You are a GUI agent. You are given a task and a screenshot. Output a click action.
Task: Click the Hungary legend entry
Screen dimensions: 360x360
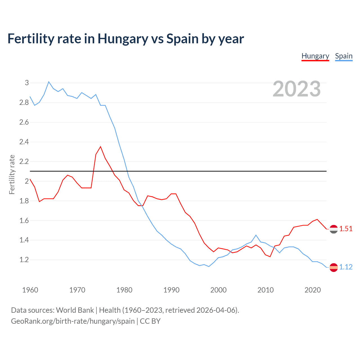[x=315, y=56]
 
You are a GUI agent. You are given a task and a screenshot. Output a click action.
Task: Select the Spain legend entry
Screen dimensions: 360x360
[x=344, y=56]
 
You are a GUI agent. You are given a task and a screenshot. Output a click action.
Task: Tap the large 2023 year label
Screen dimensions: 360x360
[x=297, y=89]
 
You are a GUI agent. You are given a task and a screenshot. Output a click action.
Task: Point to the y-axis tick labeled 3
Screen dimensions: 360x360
[x=27, y=83]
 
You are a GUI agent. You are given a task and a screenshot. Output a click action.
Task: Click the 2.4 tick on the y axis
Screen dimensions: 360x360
[x=24, y=142]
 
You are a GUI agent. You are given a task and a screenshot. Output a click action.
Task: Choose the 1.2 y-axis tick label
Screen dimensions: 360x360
[x=24, y=260]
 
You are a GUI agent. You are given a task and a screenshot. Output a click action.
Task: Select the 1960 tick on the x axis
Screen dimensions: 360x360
[x=30, y=290]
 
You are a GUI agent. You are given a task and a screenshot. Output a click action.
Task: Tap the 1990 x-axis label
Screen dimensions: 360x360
[x=171, y=290]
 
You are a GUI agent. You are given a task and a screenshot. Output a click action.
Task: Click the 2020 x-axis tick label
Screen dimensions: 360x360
[x=312, y=290]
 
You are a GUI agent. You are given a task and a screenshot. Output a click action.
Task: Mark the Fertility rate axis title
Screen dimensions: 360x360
[x=12, y=174]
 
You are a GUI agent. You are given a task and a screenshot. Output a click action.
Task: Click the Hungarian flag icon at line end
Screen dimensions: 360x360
[x=334, y=229]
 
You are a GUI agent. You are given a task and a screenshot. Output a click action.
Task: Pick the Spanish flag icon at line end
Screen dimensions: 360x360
[x=334, y=267]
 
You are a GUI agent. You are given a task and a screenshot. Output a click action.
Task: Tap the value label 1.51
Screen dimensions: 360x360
[x=346, y=229]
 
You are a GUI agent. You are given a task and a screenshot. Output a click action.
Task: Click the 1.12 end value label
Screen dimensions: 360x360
[x=346, y=267]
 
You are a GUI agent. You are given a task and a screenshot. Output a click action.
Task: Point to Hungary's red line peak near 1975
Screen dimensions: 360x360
[x=100, y=147]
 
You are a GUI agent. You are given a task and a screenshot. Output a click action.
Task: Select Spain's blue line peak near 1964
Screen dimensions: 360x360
[x=49, y=82]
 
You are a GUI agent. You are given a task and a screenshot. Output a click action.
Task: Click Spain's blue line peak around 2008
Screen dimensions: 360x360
[x=256, y=235]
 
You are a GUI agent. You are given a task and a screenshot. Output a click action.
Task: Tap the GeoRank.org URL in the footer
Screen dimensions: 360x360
[x=73, y=321]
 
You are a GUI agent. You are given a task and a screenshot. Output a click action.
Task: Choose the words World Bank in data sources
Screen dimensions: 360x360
[x=75, y=310]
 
